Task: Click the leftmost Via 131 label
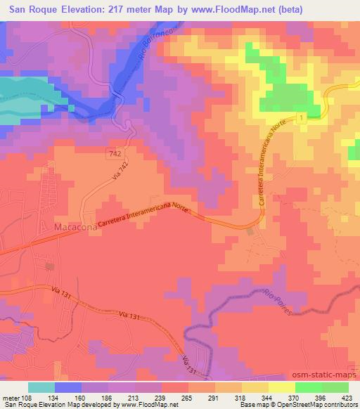click(x=62, y=289)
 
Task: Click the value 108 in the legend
click(x=28, y=397)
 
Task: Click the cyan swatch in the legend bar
click(x=41, y=387)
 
